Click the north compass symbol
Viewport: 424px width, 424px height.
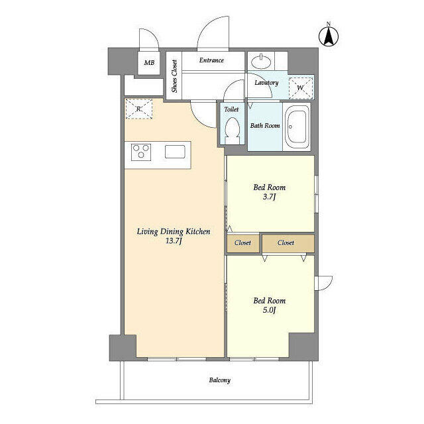tap(329, 34)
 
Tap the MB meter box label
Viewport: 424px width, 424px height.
tap(150, 63)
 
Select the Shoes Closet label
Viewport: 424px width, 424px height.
tap(175, 76)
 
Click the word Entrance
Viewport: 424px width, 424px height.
tap(211, 60)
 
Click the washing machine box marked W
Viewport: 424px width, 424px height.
tap(301, 87)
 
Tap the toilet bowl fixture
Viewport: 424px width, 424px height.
tap(232, 129)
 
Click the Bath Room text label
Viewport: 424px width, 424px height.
tap(265, 125)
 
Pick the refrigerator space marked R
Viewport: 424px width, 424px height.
tap(138, 109)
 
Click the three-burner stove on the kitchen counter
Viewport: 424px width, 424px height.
tap(140, 152)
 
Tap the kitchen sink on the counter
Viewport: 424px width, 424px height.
tap(176, 152)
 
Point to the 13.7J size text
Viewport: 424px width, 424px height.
tap(173, 242)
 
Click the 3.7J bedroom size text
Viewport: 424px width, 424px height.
tap(270, 197)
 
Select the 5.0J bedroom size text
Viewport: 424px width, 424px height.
tap(270, 310)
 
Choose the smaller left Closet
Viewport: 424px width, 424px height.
tap(242, 243)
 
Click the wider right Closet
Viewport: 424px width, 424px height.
tap(286, 243)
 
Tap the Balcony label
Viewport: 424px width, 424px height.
tap(220, 380)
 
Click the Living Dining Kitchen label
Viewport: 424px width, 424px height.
tap(173, 231)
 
